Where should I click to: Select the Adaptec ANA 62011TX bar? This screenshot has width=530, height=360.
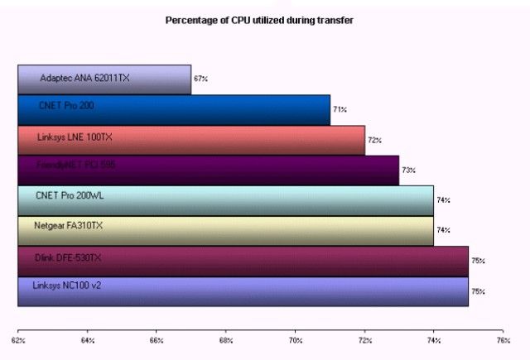coord(104,79)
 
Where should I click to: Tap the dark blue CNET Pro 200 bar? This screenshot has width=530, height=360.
coord(174,109)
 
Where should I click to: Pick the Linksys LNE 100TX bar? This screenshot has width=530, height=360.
coord(191,139)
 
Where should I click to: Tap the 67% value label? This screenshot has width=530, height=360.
coord(200,79)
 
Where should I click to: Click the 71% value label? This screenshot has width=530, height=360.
coord(340,109)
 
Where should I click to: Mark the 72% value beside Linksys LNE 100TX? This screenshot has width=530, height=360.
coord(374,140)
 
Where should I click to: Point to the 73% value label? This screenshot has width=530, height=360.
coord(408,170)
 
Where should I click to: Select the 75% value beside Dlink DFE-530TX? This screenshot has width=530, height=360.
coord(478,261)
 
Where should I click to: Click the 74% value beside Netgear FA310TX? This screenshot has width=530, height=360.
coord(443,230)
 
